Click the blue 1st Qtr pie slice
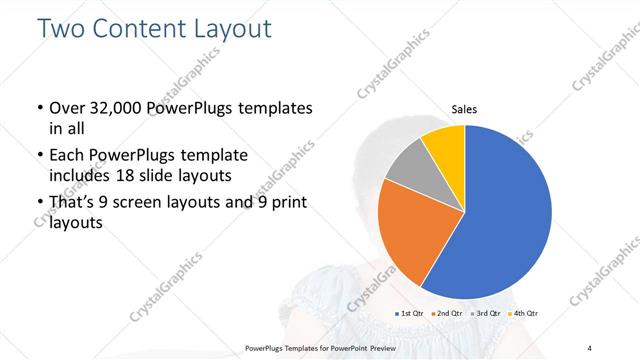pos(500,220)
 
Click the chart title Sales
pos(464,108)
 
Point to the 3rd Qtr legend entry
pos(486,315)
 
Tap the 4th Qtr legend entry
pos(524,315)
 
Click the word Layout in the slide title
pos(231,29)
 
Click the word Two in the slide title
pos(61,29)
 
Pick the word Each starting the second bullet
pos(68,156)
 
